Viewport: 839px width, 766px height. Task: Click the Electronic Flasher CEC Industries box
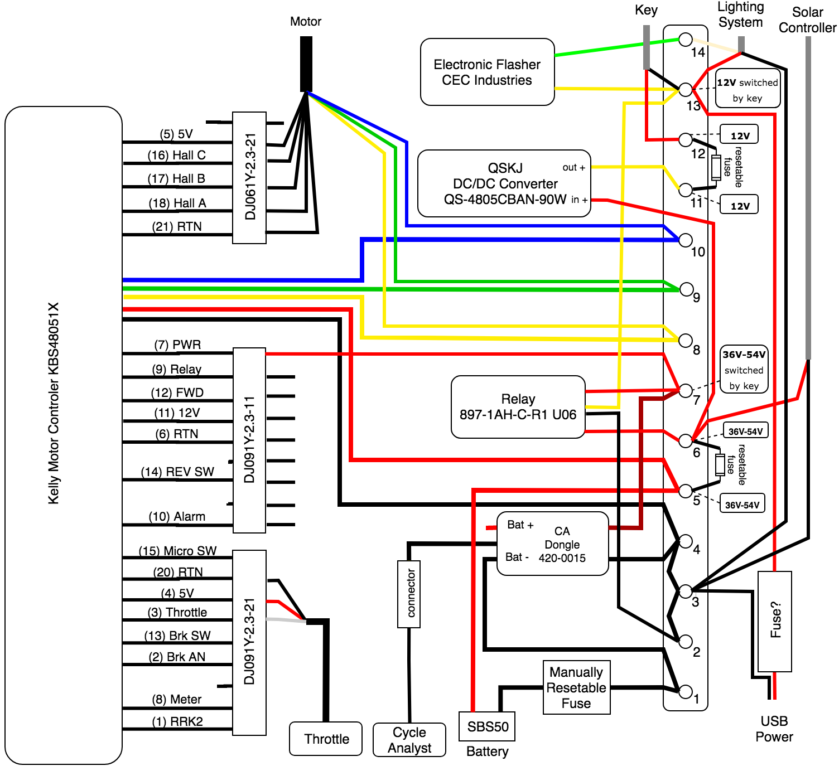[x=487, y=72]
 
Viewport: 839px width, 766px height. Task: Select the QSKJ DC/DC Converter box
[x=504, y=183]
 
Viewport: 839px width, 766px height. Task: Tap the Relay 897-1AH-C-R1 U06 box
[x=518, y=407]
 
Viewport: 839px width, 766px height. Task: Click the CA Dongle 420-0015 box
[x=552, y=544]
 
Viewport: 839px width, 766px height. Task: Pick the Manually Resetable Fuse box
[x=576, y=687]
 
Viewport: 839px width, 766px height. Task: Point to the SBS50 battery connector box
[x=487, y=726]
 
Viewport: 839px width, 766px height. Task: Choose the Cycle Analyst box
[x=409, y=740]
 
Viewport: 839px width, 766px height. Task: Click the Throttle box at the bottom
[x=326, y=739]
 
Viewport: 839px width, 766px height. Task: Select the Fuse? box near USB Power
[x=774, y=621]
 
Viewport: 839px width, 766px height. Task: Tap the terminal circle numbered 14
[x=686, y=40]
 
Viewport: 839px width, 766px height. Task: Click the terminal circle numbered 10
[x=686, y=240]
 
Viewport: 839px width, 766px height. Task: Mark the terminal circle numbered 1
[x=686, y=691]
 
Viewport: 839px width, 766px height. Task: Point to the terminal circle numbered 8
[x=686, y=340]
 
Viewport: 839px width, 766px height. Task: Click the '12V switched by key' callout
[x=748, y=89]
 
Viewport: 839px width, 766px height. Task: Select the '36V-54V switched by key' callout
[x=744, y=370]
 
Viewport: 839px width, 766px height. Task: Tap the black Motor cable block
[x=306, y=64]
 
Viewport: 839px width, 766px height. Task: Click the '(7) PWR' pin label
[x=177, y=345]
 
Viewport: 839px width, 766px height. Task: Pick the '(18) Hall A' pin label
[x=177, y=203]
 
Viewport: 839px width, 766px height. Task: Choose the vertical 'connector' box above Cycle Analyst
[x=409, y=594]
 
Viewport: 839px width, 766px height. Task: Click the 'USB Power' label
[x=774, y=729]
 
